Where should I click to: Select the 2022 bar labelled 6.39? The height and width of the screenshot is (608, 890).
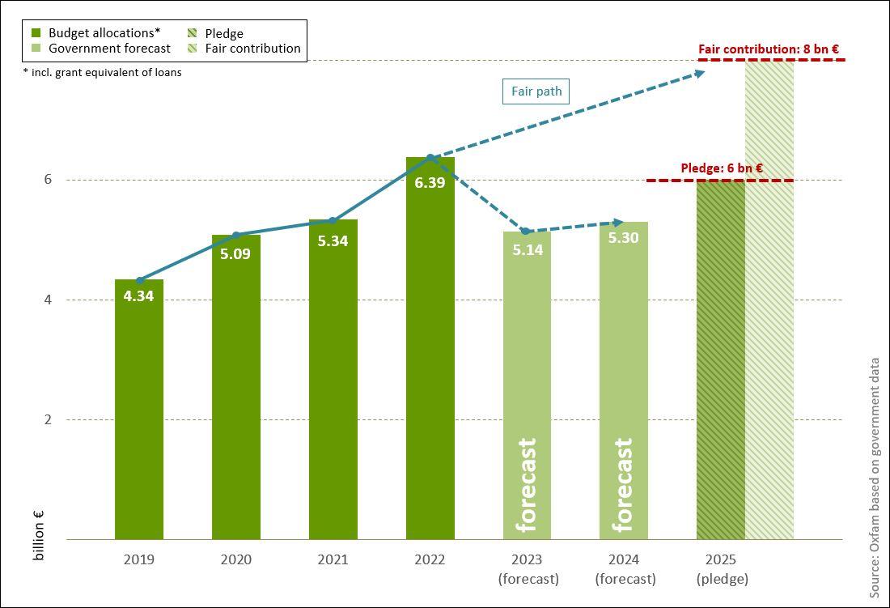pyautogui.click(x=430, y=348)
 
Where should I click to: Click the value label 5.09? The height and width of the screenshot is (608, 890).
pyautogui.click(x=235, y=253)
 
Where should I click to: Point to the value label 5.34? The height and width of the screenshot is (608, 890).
pyautogui.click(x=333, y=240)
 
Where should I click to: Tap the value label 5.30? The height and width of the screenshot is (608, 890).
pyautogui.click(x=624, y=238)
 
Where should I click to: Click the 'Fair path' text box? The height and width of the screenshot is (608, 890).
pyautogui.click(x=536, y=91)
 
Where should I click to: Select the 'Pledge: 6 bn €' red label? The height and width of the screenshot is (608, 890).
pyautogui.click(x=722, y=168)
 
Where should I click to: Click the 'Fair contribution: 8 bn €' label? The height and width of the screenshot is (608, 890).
pyautogui.click(x=769, y=49)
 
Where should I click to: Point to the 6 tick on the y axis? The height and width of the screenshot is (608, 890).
pyautogui.click(x=48, y=180)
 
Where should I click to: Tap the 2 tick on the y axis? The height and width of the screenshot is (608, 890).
pyautogui.click(x=48, y=419)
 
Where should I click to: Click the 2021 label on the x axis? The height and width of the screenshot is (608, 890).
pyautogui.click(x=333, y=559)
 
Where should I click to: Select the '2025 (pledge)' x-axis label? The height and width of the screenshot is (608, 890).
pyautogui.click(x=721, y=569)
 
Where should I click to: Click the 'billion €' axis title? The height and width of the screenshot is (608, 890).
pyautogui.click(x=38, y=536)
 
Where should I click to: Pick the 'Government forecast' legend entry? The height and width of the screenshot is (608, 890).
pyautogui.click(x=109, y=49)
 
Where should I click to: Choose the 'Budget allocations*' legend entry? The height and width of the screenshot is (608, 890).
pyautogui.click(x=104, y=33)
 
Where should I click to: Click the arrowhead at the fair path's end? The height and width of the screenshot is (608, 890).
pyautogui.click(x=698, y=73)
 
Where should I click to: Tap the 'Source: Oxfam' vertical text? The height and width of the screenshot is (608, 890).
pyautogui.click(x=875, y=478)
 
